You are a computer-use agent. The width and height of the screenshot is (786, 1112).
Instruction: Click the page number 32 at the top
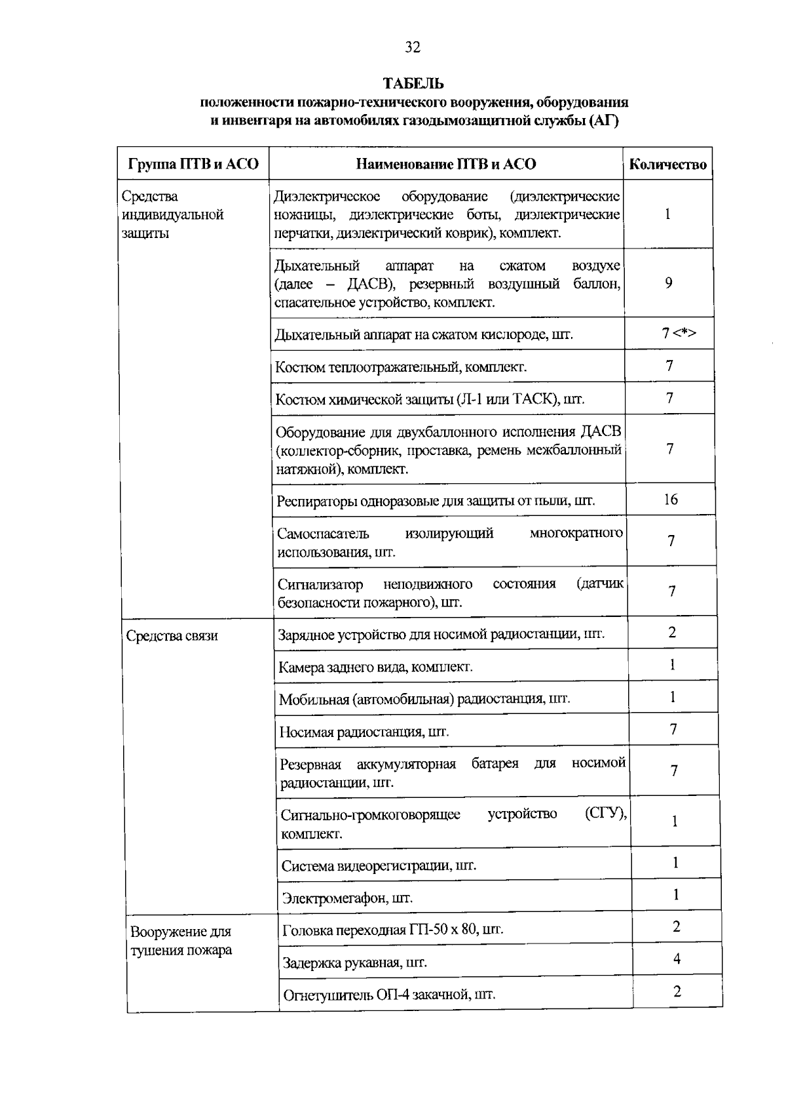pos(412,47)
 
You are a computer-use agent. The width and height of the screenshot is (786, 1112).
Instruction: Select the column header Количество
pos(667,165)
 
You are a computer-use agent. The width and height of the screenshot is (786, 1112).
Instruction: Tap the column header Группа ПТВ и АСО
pos(193,165)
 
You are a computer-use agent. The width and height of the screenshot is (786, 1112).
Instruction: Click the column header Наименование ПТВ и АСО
pos(445,165)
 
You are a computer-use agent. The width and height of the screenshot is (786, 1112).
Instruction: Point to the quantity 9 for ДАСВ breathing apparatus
pos(668,283)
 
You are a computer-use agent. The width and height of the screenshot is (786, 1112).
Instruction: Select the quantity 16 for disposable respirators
pos(670,500)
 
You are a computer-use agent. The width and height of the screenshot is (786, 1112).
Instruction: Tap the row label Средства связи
pos(172,636)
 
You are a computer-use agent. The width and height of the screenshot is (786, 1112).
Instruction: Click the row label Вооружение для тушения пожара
pos(181,941)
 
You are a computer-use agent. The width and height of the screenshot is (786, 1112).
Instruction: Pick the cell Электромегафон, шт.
pos(347,898)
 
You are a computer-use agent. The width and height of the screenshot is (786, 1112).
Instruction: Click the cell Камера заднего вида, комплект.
pos(375,667)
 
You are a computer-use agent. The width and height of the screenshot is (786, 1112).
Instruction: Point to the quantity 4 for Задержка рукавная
pos(677,959)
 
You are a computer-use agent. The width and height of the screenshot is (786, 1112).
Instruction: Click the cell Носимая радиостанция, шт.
pos(364,732)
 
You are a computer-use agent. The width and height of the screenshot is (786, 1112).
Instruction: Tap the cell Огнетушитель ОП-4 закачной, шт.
pos(388,995)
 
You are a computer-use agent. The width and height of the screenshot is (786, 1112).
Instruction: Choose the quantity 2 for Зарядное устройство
pos(672,633)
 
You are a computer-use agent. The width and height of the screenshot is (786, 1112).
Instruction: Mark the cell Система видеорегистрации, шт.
pos(379,865)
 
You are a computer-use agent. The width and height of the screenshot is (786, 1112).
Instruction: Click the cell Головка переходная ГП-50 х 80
pos(392,930)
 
